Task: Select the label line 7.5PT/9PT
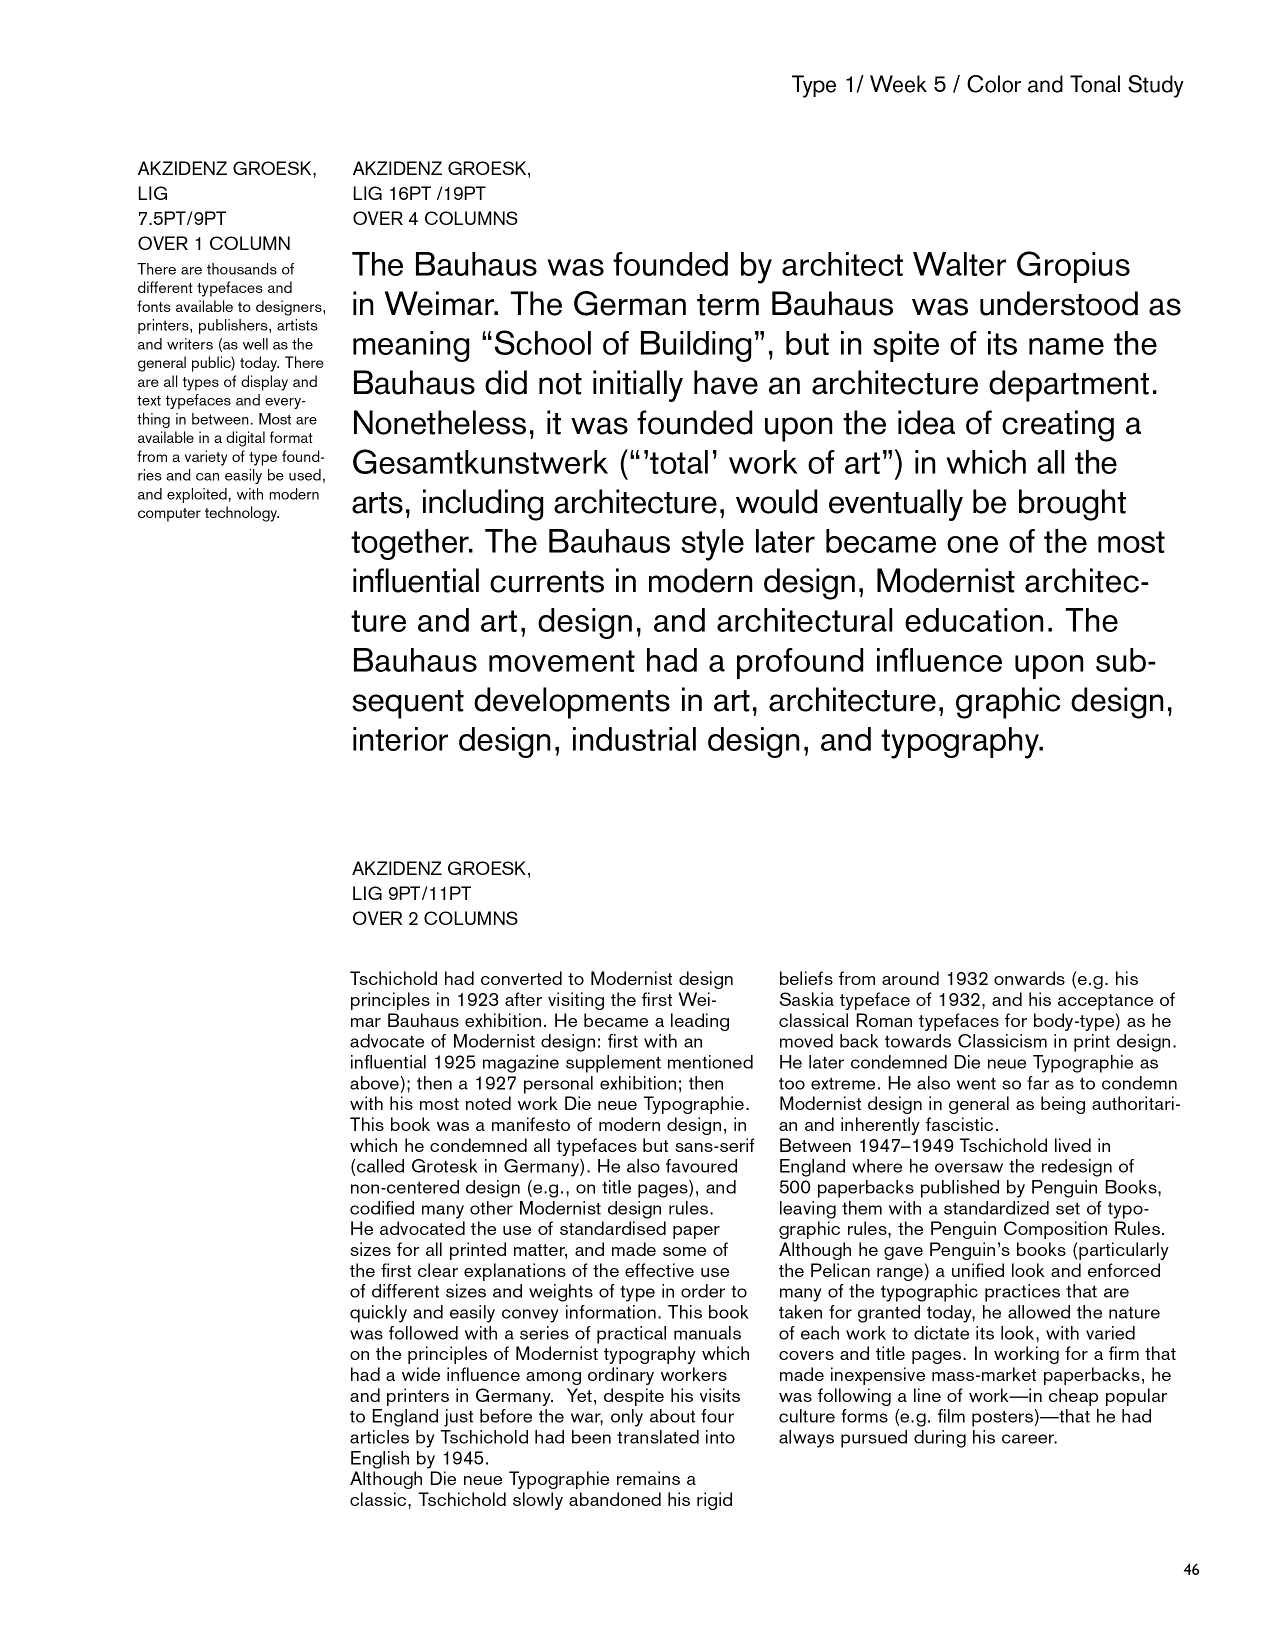pyautogui.click(x=182, y=219)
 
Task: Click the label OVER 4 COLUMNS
pyautogui.click(x=435, y=219)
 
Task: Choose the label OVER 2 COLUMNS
pyautogui.click(x=435, y=918)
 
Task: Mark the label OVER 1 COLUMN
pyautogui.click(x=214, y=244)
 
